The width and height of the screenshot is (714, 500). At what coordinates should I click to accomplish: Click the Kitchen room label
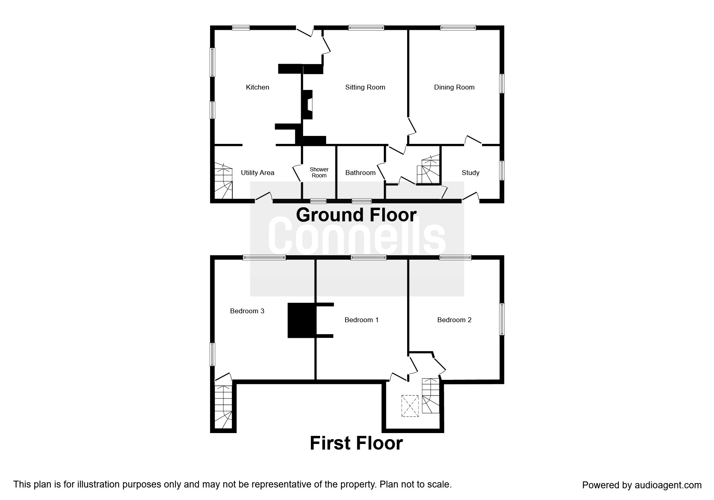coord(257,87)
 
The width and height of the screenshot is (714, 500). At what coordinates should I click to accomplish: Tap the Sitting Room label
coord(365,87)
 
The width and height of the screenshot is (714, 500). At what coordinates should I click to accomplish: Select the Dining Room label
coord(454,87)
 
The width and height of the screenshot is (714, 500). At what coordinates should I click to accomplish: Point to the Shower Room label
coord(319,173)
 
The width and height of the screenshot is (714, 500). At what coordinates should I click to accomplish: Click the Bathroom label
coord(360,173)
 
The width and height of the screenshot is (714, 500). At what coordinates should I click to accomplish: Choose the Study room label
coord(470,173)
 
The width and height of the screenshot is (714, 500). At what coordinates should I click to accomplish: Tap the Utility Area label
coord(257,173)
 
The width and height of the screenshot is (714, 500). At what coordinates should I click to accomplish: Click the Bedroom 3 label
coord(247,311)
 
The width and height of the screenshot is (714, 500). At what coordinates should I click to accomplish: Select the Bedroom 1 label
coord(362,320)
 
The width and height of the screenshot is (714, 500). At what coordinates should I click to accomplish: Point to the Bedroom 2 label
coord(454,320)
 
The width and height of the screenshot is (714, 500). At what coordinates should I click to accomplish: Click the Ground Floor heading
coord(356,215)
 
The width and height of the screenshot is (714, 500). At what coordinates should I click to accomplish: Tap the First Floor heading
coord(356,443)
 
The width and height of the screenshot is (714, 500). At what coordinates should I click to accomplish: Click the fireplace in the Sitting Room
coord(308,105)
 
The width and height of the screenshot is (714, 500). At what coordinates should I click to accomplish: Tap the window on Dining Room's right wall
coord(502,83)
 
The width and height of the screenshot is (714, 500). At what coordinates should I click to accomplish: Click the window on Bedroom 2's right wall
coord(502,319)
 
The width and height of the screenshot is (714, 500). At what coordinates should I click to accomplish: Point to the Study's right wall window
coord(502,171)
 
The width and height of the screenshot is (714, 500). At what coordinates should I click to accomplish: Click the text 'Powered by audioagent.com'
coord(642,485)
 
